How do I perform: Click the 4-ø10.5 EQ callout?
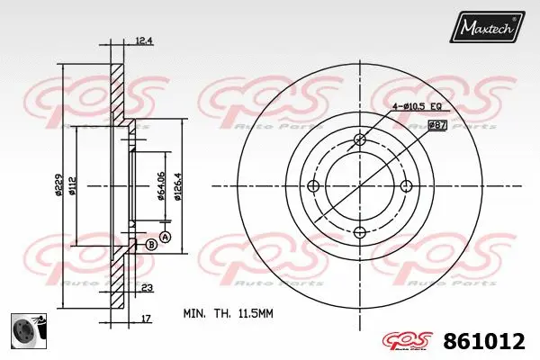coord(415,107)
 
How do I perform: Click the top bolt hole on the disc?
coord(360,139)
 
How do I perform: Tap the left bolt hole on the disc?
coord(313,186)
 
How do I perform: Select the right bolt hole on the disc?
coord(407,186)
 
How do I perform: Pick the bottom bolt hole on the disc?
coord(360,232)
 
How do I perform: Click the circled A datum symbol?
coord(165,236)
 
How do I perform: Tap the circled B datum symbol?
coord(149,245)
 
